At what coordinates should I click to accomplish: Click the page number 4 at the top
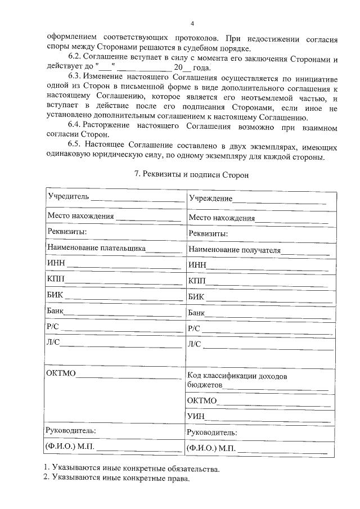[192, 24]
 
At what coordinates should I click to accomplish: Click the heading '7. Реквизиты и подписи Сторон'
[192, 175]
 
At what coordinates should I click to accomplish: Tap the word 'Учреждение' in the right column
[210, 199]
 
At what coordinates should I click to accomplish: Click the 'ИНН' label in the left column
[56, 263]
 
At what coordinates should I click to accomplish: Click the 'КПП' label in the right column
[197, 281]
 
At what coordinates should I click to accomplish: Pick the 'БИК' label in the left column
[55, 295]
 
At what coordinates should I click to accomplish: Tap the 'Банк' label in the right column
[197, 313]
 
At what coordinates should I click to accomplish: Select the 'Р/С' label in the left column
[53, 327]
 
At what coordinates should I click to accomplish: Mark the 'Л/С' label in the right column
[194, 344]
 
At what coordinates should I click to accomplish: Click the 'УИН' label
[197, 416]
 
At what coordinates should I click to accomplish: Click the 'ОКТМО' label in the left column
[61, 373]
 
